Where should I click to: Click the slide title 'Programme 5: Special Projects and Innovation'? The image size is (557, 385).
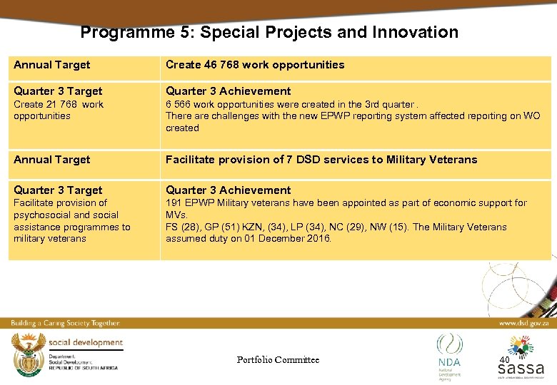[x=269, y=32]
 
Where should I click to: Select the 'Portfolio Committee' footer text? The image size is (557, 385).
[x=278, y=360]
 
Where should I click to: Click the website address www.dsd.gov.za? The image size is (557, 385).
[x=523, y=323]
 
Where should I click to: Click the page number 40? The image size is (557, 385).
[x=504, y=360]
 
